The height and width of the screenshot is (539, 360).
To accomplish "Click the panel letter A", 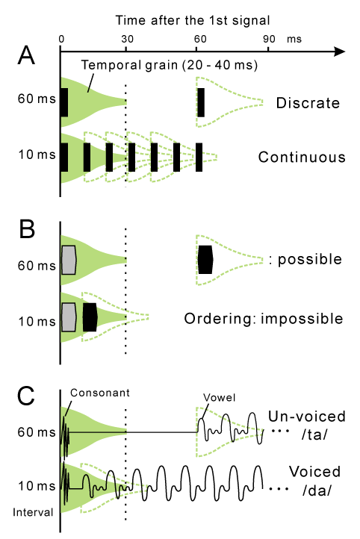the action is tap(26, 55).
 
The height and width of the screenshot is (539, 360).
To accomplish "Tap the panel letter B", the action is tap(27, 228).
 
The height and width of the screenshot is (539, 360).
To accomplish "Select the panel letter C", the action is tap(25, 396).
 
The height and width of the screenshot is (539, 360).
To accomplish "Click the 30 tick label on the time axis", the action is tap(127, 39).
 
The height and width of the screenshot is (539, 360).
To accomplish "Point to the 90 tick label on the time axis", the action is tap(269, 39).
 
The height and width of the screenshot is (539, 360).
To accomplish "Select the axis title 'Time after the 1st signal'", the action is tap(193, 20).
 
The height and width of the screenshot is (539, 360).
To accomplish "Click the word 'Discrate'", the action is tap(308, 103).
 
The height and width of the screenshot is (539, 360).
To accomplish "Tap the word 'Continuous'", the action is tap(302, 157).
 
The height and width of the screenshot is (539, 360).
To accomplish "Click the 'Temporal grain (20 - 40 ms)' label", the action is tap(169, 65).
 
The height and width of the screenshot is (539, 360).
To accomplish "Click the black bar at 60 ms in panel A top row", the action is tap(201, 102).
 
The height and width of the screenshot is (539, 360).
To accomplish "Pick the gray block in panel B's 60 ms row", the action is tap(69, 260).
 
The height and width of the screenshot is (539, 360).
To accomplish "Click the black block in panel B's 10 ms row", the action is tap(90, 317).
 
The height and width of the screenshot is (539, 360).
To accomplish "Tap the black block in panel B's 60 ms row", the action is tap(205, 260).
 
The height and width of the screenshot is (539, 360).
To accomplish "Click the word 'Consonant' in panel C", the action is tap(100, 393).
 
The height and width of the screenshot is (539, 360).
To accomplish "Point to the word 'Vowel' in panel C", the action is tap(219, 398).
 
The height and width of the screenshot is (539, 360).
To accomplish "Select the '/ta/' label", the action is tap(314, 434).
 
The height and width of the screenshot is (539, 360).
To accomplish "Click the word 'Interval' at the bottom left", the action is tap(33, 512).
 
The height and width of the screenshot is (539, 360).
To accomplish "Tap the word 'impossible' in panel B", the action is tap(302, 319).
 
